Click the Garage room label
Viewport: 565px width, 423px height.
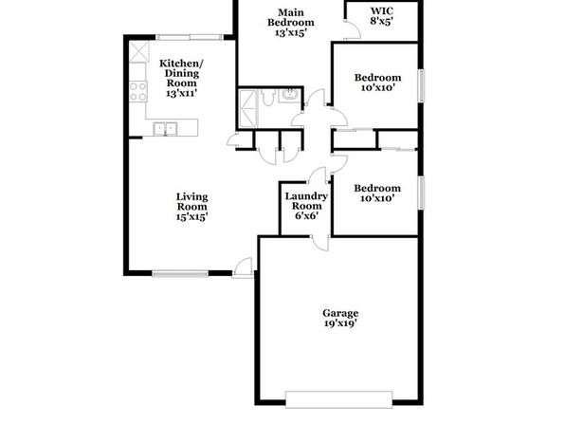(340, 318)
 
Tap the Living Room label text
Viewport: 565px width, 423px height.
(192, 207)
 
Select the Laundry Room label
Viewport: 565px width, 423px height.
(306, 206)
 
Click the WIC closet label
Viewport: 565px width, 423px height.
(382, 16)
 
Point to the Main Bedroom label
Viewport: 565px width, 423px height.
(290, 23)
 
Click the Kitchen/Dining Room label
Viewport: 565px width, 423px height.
(181, 79)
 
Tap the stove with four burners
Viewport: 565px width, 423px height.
(138, 92)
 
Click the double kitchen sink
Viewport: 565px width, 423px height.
(165, 129)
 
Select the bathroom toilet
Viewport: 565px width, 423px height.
(267, 98)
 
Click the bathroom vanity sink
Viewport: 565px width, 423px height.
(289, 95)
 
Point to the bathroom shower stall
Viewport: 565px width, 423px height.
(248, 108)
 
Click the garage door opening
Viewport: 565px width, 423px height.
(338, 399)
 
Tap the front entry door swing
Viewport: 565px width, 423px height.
(243, 267)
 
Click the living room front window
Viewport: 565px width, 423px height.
(180, 273)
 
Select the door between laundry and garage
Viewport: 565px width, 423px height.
(320, 243)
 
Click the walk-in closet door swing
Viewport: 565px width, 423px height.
(352, 29)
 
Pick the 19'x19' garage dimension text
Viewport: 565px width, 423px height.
(340, 323)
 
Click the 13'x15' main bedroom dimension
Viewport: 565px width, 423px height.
(290, 33)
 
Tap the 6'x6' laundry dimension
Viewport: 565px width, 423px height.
(306, 216)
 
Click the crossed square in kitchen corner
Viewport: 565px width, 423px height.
(138, 52)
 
